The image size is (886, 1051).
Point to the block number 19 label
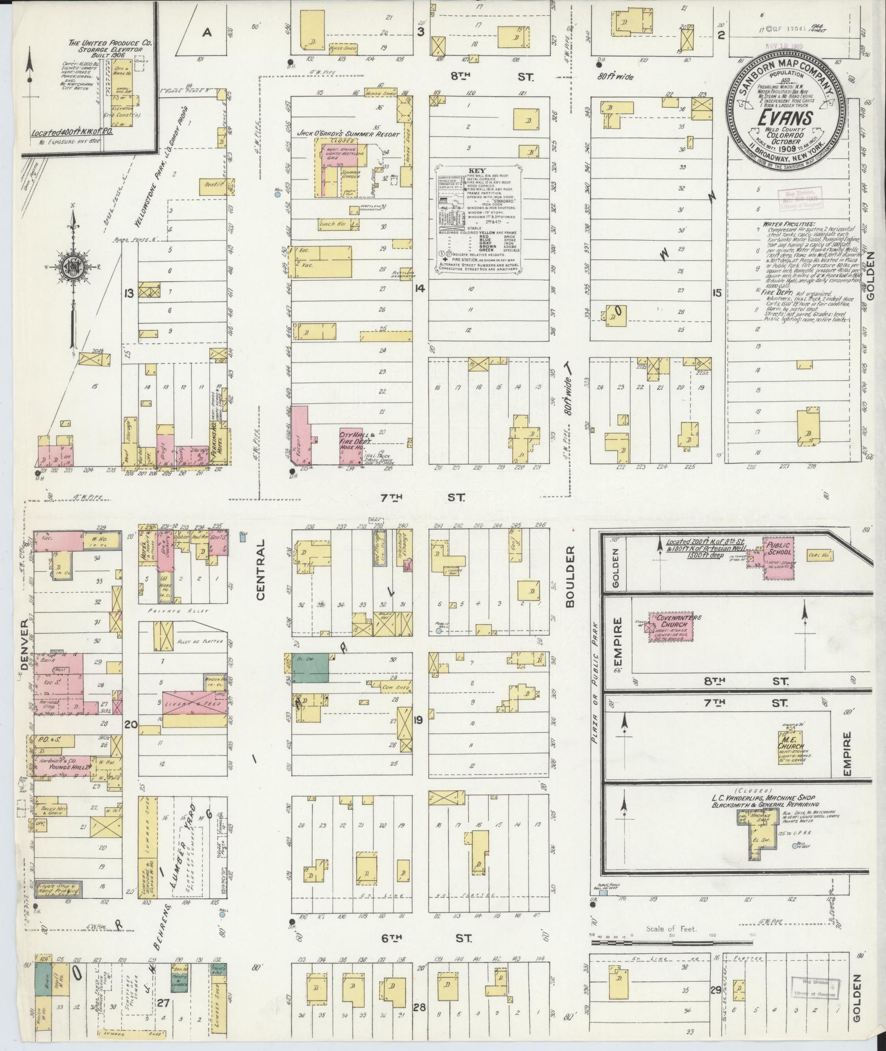[x=419, y=720]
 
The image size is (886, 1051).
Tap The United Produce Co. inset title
[x=110, y=45]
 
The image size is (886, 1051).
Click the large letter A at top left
[x=207, y=32]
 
